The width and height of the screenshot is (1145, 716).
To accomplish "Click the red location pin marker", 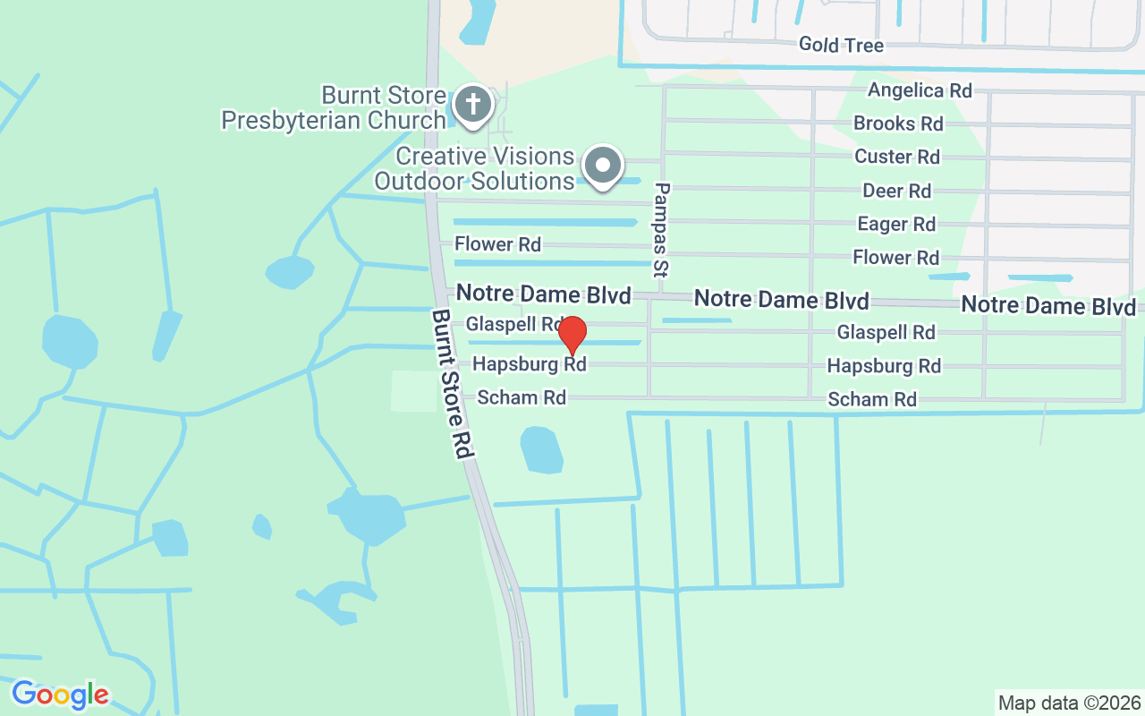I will pos(572,335).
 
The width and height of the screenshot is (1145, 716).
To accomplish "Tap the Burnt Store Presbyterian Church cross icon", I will pos(473,105).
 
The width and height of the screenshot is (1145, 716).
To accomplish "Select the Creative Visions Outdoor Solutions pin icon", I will pos(603,166).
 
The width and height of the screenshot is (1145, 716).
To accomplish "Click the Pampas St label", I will pos(662,229).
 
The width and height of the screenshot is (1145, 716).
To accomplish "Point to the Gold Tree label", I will pos(841,45).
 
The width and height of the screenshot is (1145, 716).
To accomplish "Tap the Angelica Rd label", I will pos(920,90).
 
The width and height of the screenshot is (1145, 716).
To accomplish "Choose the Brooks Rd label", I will pos(898,124).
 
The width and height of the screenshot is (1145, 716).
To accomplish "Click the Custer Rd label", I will pos(897,157).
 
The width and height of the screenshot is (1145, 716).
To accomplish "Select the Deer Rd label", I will pos(896,191).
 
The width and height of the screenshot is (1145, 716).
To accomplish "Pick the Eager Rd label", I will pos(896,224).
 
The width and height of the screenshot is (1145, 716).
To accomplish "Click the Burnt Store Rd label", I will pos(452,384).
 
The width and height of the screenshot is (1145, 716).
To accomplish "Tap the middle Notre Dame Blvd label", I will pos(781,299).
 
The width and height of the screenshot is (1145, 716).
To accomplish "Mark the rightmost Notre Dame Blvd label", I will pos(1048,305).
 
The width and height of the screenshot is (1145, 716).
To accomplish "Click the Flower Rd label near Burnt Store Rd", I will pos(497,243).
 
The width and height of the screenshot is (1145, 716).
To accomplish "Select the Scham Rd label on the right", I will pos(872,399).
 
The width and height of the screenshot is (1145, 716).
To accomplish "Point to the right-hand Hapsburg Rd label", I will pos(884,366).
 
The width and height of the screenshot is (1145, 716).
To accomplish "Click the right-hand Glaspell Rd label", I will pos(886,333).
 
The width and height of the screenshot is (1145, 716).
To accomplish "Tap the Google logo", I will pos(61,695).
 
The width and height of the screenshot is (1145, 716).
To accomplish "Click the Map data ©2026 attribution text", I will pos(1070,703).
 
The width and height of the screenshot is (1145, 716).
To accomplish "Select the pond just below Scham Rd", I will pos(541,449).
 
